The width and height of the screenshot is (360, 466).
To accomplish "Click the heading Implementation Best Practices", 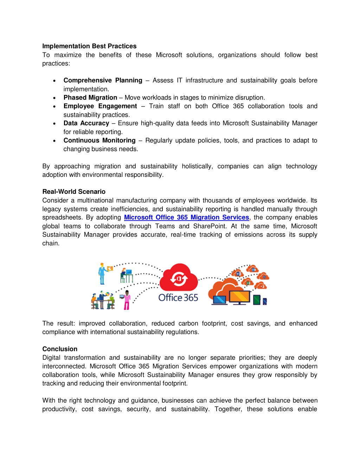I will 89,46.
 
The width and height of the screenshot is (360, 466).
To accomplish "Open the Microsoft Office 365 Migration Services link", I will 186,217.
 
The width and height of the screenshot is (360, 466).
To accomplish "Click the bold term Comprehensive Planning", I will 103,80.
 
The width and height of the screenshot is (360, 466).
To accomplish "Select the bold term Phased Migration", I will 90,97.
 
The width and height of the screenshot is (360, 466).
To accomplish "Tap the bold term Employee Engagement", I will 100,106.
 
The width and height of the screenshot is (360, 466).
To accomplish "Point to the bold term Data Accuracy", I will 86,123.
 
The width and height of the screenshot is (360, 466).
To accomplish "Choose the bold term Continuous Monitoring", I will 99,140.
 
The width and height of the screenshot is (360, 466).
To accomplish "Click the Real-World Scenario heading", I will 74,192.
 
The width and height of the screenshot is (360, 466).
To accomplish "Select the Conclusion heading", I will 60,349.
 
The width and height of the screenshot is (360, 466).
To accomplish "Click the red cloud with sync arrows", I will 179,277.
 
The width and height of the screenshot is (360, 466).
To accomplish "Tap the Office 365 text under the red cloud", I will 178,298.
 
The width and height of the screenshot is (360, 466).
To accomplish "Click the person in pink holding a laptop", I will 127,300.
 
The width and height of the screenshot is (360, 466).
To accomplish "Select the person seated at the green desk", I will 126,276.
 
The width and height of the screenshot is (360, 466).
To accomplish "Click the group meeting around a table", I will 103,300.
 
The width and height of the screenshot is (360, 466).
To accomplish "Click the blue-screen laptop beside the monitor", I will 219,300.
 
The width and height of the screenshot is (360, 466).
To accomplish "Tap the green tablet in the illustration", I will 257,300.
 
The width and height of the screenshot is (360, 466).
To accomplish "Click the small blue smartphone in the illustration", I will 265,301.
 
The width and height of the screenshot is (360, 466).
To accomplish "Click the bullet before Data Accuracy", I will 54,123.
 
